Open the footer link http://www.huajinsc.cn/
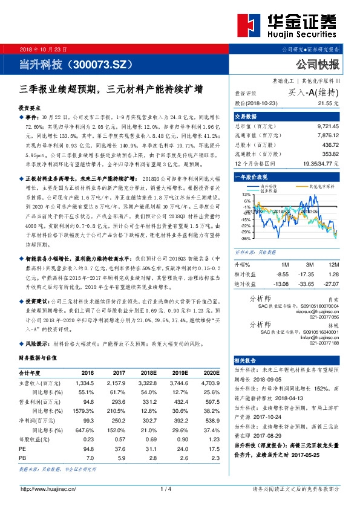(48, 488)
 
